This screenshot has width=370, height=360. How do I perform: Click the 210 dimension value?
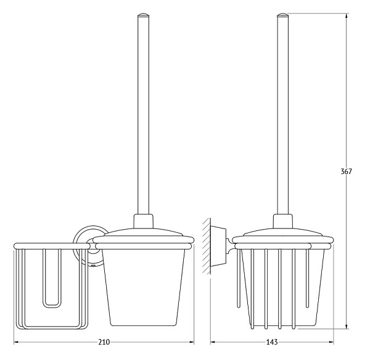104,342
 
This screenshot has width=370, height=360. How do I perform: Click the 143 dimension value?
272,342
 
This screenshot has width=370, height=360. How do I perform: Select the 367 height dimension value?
346,171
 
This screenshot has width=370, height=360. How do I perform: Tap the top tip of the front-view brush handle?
143,14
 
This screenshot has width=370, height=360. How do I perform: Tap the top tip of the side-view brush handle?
283,14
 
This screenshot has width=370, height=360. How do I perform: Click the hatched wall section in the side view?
207,246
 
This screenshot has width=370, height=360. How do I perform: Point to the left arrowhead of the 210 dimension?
16,342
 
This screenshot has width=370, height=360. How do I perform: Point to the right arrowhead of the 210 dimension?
192,342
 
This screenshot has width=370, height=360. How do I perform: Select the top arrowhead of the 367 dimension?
346,16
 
